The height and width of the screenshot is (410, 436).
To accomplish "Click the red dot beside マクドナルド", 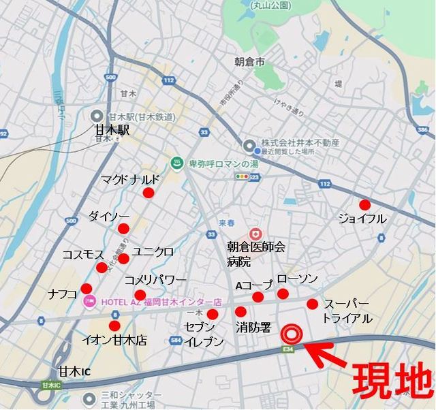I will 149,193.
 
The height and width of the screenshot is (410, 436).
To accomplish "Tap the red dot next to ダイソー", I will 123,228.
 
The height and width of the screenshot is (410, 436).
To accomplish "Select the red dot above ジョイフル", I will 364,204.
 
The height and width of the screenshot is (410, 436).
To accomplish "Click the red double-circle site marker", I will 292,334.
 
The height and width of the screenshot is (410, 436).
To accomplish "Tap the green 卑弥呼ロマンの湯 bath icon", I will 176,163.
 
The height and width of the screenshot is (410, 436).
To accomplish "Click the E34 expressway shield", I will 289,349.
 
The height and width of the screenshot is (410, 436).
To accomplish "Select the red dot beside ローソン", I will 283,294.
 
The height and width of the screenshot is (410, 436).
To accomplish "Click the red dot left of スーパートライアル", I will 312,304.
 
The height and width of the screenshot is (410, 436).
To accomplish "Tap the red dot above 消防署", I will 240,312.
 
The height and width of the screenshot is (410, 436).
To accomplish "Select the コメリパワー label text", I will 156,280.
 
